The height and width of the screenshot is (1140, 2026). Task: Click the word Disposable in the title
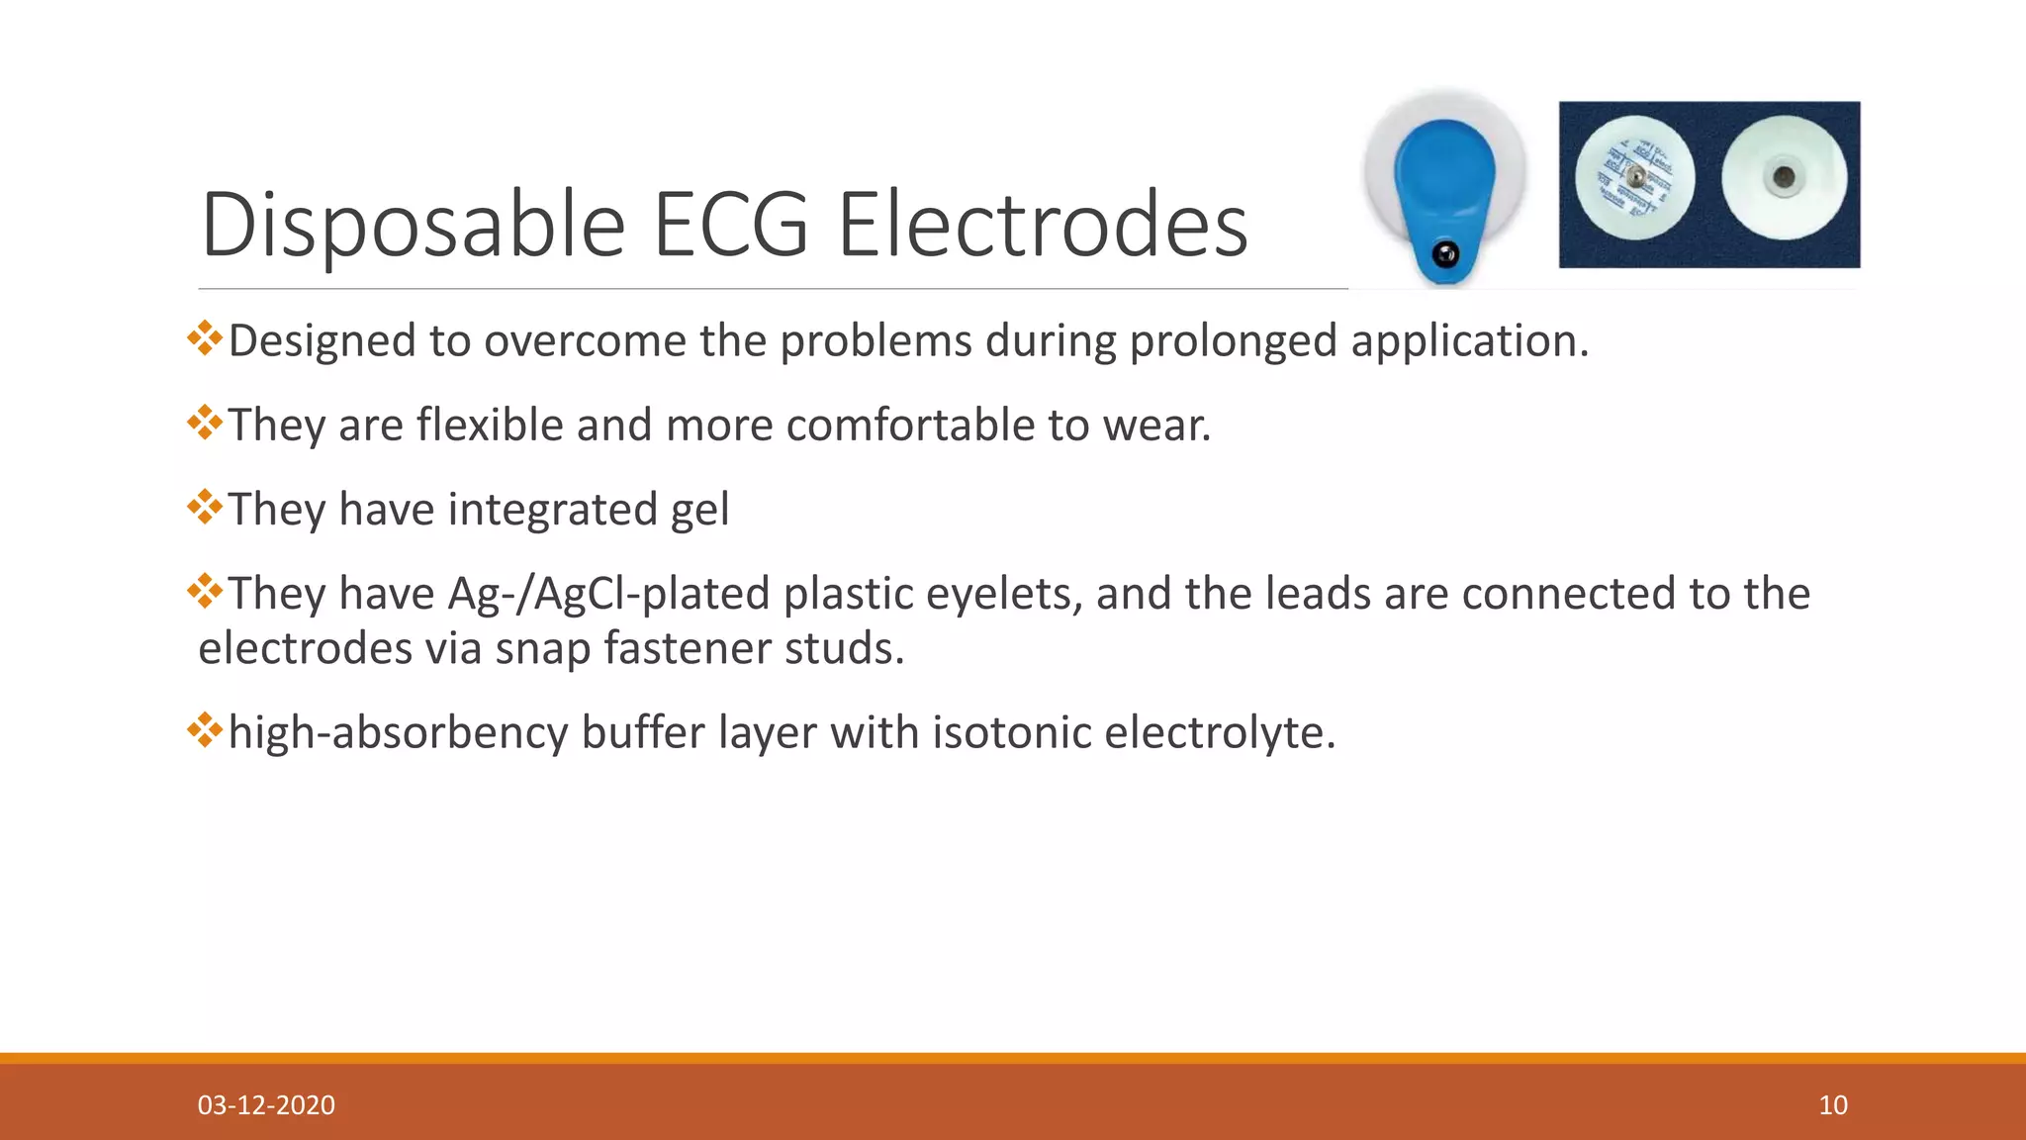point(413,226)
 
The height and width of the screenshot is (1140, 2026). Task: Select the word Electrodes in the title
point(1043,226)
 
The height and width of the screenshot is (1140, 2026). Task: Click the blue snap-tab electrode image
point(1444,188)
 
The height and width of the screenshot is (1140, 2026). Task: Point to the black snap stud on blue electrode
point(1445,254)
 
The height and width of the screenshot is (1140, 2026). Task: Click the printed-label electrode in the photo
point(1634,178)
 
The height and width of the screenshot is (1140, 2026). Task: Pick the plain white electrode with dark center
point(1784,178)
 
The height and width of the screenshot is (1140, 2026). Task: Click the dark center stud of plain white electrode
point(1784,178)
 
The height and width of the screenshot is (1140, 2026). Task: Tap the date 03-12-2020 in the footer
point(266,1104)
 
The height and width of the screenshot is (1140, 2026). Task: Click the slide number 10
point(1832,1104)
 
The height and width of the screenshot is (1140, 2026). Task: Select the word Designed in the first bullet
point(322,341)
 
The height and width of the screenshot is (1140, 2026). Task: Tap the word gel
point(699,511)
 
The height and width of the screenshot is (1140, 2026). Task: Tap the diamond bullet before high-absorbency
point(205,730)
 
